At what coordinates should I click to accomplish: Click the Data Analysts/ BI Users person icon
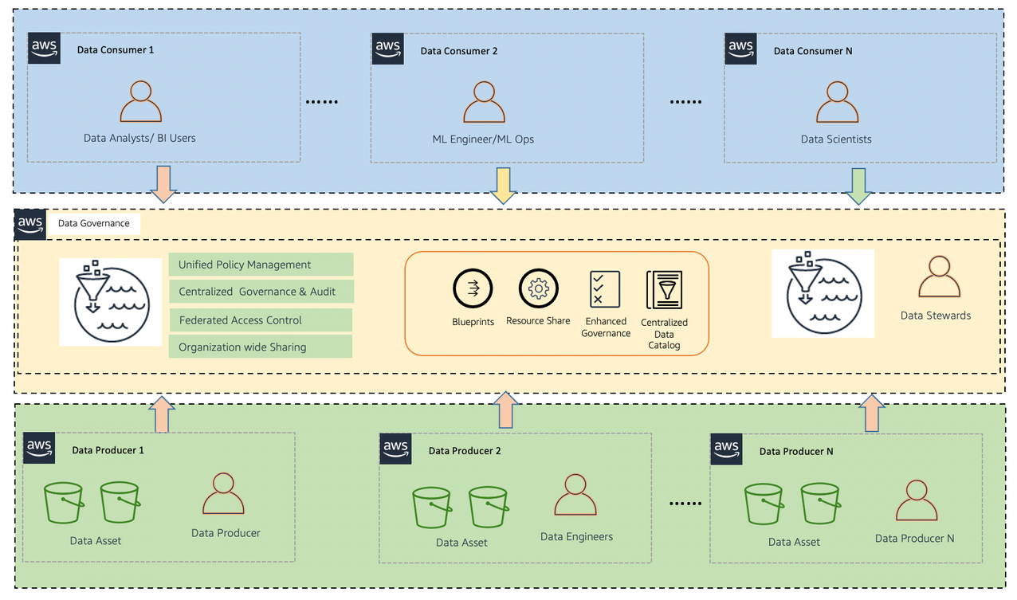click(x=140, y=101)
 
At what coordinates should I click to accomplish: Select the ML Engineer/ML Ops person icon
click(x=484, y=101)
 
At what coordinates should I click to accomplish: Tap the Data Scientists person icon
click(x=837, y=101)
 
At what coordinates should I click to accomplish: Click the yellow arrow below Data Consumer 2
click(x=503, y=186)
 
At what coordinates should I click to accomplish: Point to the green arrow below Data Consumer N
click(x=858, y=186)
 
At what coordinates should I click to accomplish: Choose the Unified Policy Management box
click(x=261, y=265)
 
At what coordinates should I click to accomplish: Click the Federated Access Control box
click(x=261, y=320)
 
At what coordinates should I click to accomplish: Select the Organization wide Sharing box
click(x=261, y=347)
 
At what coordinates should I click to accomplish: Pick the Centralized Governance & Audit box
click(x=261, y=292)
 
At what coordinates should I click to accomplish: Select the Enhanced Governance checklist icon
click(x=605, y=288)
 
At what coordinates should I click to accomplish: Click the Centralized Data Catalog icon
click(x=664, y=290)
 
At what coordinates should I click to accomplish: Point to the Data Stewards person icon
click(x=938, y=276)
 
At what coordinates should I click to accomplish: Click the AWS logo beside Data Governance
click(x=30, y=224)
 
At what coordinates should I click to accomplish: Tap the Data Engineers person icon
click(x=575, y=496)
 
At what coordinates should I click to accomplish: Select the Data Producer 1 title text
click(x=108, y=450)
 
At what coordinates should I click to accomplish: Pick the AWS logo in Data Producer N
click(x=726, y=449)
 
